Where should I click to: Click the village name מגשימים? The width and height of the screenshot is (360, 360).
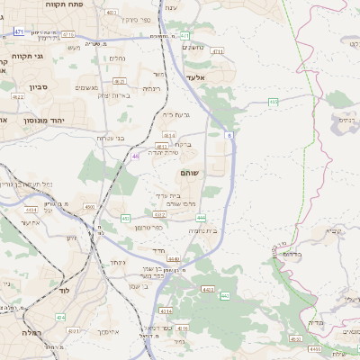click(86, 87)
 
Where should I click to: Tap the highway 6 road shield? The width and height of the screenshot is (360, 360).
click(229, 134)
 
